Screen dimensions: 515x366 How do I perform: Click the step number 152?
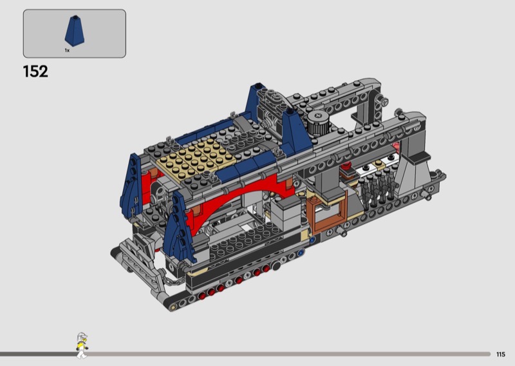click(35, 72)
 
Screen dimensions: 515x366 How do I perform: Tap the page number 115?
click(501, 354)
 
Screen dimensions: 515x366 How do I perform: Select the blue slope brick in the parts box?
click(75, 30)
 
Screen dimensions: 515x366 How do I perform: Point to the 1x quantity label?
click(67, 50)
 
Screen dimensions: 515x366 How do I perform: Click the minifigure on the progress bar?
click(82, 345)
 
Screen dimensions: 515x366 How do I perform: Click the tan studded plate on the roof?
click(196, 158)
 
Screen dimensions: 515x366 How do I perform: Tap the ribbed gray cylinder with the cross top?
click(317, 122)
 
